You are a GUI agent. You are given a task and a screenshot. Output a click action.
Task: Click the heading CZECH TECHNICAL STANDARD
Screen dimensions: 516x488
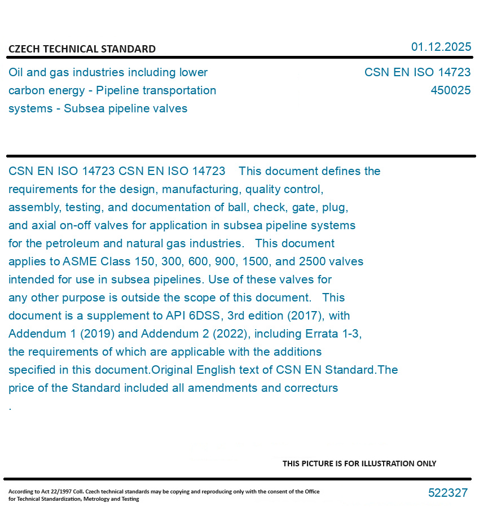[82, 49]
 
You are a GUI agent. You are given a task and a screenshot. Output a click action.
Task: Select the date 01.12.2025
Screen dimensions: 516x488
[441, 47]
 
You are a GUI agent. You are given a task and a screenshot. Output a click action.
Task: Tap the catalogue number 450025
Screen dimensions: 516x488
[450, 90]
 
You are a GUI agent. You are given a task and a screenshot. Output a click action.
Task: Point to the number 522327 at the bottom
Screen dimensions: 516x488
[447, 493]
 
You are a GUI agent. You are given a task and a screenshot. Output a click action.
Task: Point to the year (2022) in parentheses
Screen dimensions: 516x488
[232, 334]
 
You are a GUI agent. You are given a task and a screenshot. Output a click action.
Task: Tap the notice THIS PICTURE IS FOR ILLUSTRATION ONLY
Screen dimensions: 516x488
[359, 463]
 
